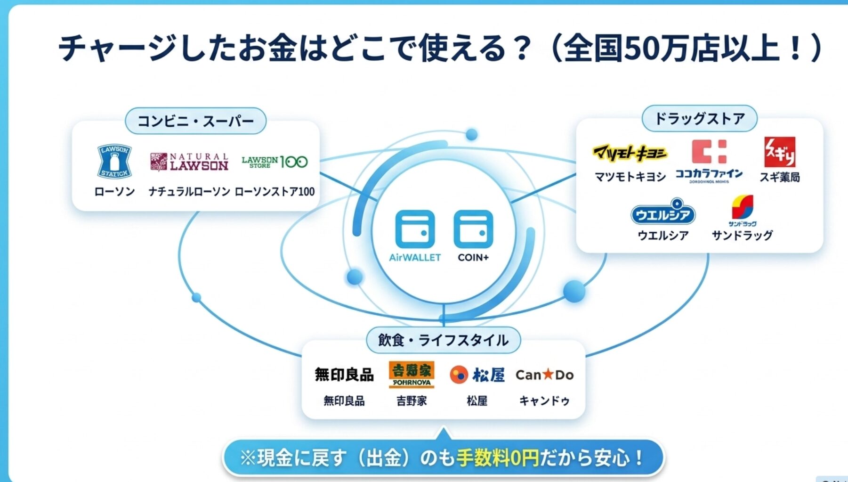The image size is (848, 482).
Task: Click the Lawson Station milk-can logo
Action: [x=114, y=161]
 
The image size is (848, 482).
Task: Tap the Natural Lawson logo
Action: [x=189, y=162]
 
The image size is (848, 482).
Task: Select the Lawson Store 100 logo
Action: [x=275, y=162]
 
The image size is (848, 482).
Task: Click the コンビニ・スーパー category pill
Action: [x=195, y=121]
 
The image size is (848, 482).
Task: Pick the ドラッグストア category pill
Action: [x=699, y=118]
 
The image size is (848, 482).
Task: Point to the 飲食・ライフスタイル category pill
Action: [x=443, y=340]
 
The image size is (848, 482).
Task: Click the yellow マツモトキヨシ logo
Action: [x=630, y=153]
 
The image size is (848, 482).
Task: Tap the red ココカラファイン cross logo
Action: [x=709, y=152]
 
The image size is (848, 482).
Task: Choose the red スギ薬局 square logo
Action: [x=779, y=152]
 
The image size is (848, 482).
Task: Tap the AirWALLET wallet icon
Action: [x=415, y=229]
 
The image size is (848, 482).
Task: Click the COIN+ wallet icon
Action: [x=473, y=229]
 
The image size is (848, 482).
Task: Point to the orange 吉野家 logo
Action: [x=411, y=375]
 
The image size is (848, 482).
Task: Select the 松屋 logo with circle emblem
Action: [x=477, y=375]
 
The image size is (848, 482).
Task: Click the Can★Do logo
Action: [x=544, y=375]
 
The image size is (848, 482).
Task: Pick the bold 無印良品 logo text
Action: [x=344, y=375]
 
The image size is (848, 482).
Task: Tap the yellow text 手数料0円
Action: [x=497, y=457]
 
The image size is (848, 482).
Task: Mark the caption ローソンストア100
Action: [x=275, y=192]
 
